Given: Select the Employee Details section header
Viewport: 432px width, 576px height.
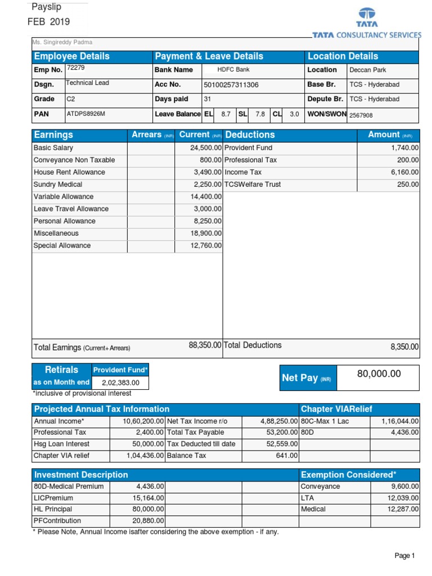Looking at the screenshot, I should [x=72, y=56].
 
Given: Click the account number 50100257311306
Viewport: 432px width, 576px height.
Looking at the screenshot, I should [x=231, y=85].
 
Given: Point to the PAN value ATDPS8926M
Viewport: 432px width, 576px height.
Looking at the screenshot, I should [x=86, y=114].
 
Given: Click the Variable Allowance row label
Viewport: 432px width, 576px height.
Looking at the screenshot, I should [x=64, y=197].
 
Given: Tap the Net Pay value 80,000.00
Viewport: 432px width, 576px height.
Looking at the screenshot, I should [x=379, y=373].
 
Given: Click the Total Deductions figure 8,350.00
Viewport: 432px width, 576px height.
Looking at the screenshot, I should [x=404, y=347].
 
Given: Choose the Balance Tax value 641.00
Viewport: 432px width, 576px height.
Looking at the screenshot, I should [x=287, y=456].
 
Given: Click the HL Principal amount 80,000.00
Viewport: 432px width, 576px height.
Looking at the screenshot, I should [x=148, y=509].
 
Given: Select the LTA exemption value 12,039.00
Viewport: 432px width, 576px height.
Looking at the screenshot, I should [x=403, y=498].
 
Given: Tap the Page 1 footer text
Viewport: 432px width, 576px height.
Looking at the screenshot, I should [x=404, y=556].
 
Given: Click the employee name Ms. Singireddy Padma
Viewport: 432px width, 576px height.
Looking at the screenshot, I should [x=62, y=42].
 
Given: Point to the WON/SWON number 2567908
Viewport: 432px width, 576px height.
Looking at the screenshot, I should [x=361, y=115].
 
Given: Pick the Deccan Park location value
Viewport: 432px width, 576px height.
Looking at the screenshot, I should [x=368, y=70].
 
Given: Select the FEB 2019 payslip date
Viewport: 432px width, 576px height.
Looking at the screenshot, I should [x=49, y=22].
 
